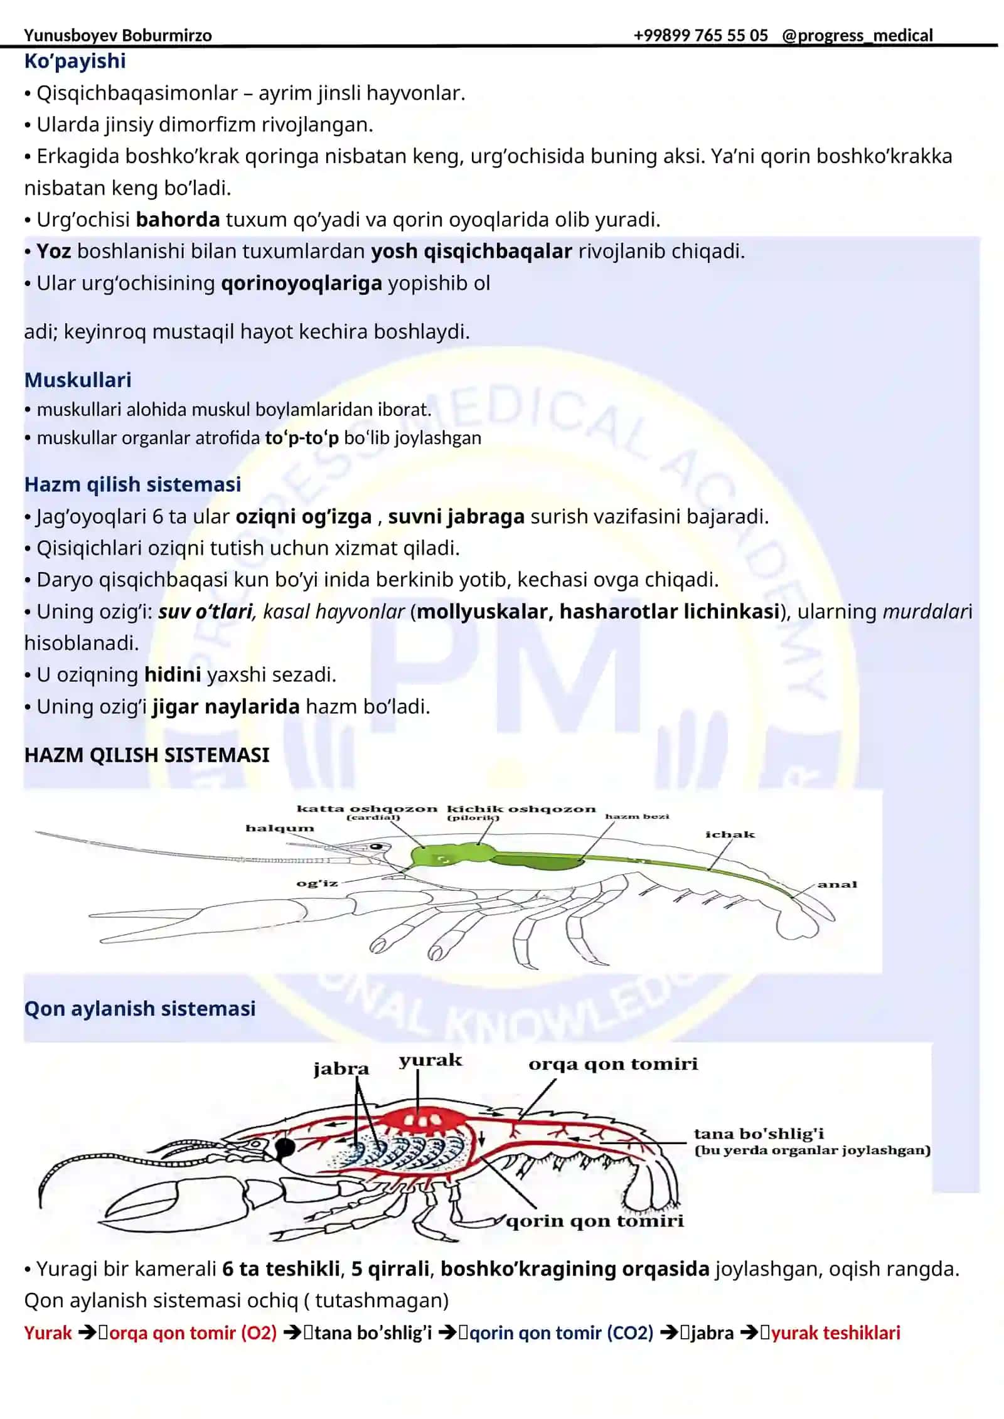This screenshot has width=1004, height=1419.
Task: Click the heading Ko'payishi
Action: point(75,61)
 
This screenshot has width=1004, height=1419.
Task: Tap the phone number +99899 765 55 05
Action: point(700,35)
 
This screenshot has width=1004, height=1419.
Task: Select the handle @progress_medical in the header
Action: point(857,36)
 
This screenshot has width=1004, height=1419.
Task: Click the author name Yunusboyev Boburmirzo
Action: point(118,36)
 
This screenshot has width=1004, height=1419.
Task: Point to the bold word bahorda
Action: point(178,220)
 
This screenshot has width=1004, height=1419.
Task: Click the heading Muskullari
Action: point(78,380)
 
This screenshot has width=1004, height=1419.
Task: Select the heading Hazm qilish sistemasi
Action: point(132,484)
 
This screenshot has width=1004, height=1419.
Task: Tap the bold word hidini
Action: point(173,674)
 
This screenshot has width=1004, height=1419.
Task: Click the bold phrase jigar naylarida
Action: point(226,707)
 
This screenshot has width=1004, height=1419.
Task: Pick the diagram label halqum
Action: point(279,828)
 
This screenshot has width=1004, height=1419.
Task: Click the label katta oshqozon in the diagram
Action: point(366,809)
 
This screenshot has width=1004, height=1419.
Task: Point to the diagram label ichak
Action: point(730,834)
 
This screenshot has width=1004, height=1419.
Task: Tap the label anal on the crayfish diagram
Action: point(836,885)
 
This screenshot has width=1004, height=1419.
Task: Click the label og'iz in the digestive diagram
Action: point(317,883)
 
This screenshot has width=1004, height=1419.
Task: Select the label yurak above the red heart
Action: point(430,1060)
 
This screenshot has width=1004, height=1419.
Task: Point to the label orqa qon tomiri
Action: point(613,1064)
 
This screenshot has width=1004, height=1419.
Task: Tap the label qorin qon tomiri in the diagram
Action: point(594,1221)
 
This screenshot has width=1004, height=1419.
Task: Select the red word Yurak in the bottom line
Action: point(48,1333)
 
